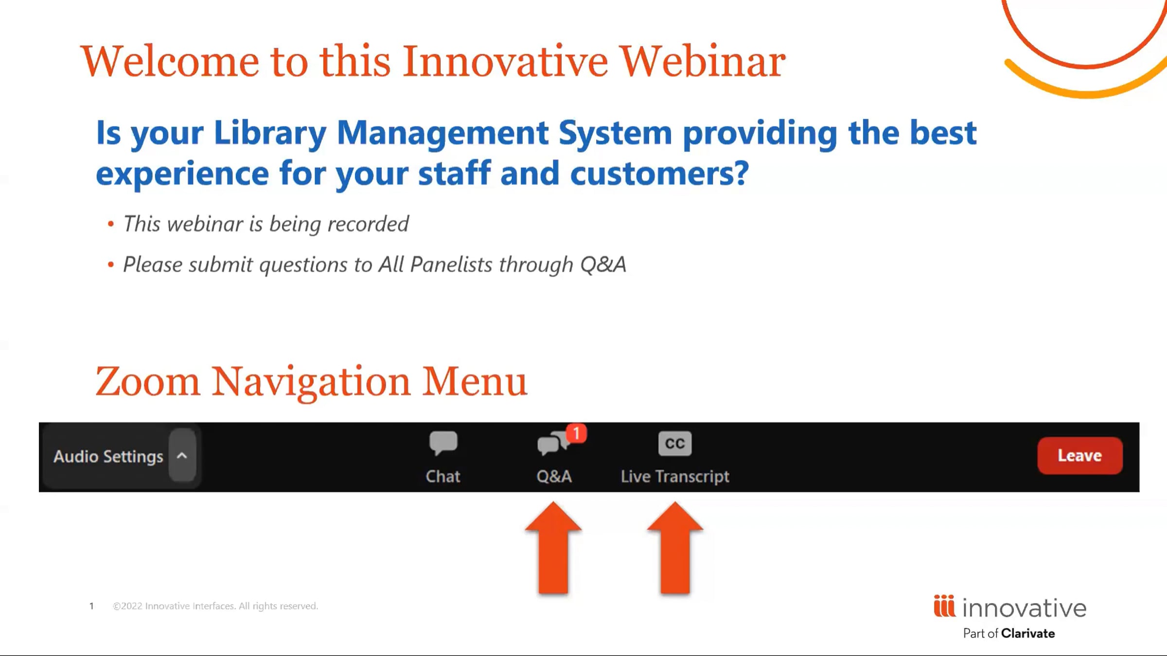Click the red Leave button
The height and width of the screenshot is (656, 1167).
click(1080, 455)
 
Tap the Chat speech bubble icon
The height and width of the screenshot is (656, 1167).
click(443, 443)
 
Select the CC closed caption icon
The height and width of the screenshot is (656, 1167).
click(675, 443)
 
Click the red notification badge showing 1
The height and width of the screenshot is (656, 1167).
click(576, 432)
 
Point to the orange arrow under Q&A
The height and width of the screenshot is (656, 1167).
click(553, 548)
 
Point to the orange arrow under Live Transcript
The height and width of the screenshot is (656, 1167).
click(675, 548)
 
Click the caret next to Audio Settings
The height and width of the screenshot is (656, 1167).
click(182, 455)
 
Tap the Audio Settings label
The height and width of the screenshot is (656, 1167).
click(108, 456)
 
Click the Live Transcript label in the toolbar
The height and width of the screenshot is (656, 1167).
click(675, 477)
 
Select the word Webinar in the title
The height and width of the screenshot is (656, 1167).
click(703, 61)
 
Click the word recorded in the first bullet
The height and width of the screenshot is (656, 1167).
click(368, 224)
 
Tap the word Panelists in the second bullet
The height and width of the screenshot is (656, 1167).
click(451, 265)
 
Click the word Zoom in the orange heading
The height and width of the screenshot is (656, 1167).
click(148, 381)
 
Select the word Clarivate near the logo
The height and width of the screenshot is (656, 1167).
click(1028, 633)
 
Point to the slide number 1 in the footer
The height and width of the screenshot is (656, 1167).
click(91, 606)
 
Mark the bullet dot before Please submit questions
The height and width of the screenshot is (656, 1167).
click(111, 265)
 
